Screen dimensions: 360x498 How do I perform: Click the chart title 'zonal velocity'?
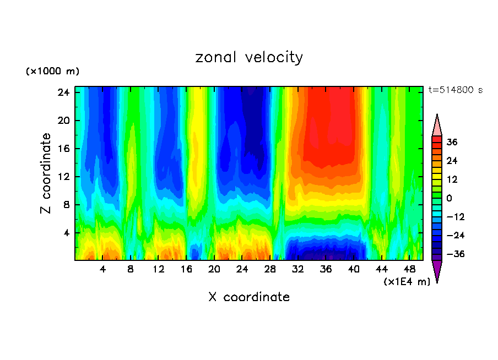point(249,57)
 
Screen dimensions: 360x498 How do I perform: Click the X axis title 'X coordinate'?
point(249,297)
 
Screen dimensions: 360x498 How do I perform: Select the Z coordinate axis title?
point(47,173)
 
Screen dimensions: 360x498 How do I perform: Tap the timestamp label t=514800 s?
point(455,90)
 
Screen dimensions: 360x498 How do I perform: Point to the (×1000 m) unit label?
point(52,72)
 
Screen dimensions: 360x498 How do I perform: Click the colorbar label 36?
point(452,142)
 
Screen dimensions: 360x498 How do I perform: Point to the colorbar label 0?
point(450,198)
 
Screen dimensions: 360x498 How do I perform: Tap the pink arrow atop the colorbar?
point(437,125)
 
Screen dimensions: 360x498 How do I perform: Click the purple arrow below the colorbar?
point(437,271)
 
